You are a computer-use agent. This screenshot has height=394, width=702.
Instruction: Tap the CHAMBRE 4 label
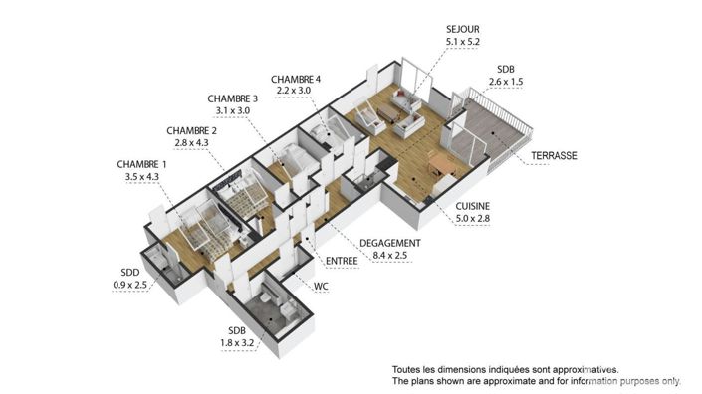[x=297, y=79]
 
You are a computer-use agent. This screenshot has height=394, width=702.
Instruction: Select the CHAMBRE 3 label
[x=233, y=98]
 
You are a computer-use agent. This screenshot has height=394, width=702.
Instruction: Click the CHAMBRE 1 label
[x=141, y=164]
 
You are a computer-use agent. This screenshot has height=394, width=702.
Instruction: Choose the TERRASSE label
[x=555, y=156]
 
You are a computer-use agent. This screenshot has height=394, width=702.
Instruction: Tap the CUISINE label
[x=467, y=205]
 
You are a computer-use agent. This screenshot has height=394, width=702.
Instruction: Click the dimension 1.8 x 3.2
[x=237, y=344]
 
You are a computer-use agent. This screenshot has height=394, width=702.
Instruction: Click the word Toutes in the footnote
[x=408, y=367]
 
